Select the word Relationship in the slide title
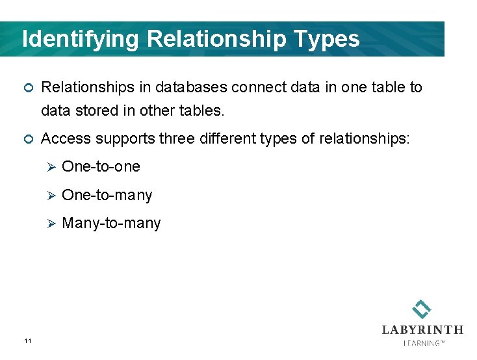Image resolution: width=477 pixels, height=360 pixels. pyautogui.click(x=216, y=39)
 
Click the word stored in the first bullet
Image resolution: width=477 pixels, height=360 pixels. pyautogui.click(x=94, y=111)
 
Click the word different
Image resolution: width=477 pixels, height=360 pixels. pyautogui.click(x=220, y=138)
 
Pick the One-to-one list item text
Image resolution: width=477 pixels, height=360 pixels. pyautogui.click(x=101, y=167)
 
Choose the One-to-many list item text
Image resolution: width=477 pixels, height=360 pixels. pyautogui.click(x=107, y=195)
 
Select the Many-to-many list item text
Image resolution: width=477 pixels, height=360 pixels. pyautogui.click(x=111, y=224)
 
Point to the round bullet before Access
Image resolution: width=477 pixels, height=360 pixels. pyautogui.click(x=27, y=139)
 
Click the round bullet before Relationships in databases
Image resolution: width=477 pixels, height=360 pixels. pyautogui.click(x=27, y=88)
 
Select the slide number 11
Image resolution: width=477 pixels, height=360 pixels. pyautogui.click(x=27, y=341)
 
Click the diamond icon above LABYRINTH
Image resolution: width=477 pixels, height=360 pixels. pyautogui.click(x=422, y=309)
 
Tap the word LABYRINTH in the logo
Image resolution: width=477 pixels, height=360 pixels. pyautogui.click(x=422, y=329)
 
